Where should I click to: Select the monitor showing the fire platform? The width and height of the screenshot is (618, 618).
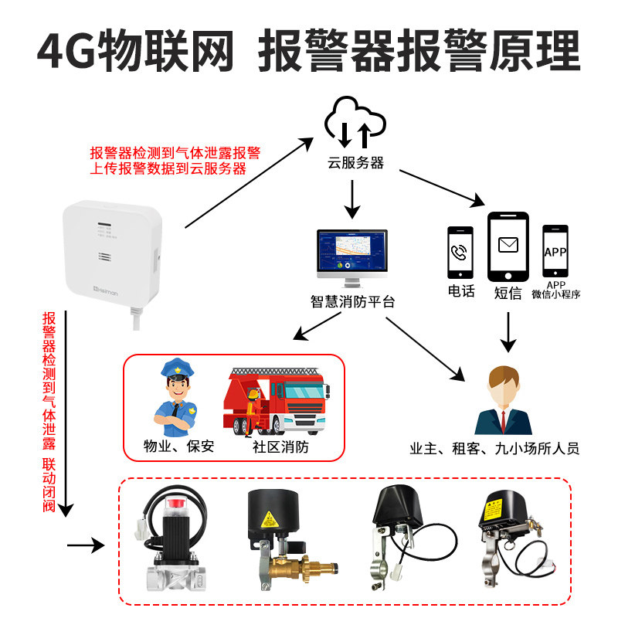[353, 256]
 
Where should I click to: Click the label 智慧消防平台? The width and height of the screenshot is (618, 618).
[352, 301]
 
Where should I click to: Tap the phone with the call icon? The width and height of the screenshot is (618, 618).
[460, 253]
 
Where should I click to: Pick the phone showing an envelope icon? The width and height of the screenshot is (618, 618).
[508, 247]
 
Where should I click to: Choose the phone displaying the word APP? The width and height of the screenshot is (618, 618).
[555, 252]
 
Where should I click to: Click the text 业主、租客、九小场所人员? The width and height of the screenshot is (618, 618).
[494, 449]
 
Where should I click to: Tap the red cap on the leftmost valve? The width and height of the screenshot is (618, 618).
[175, 506]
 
